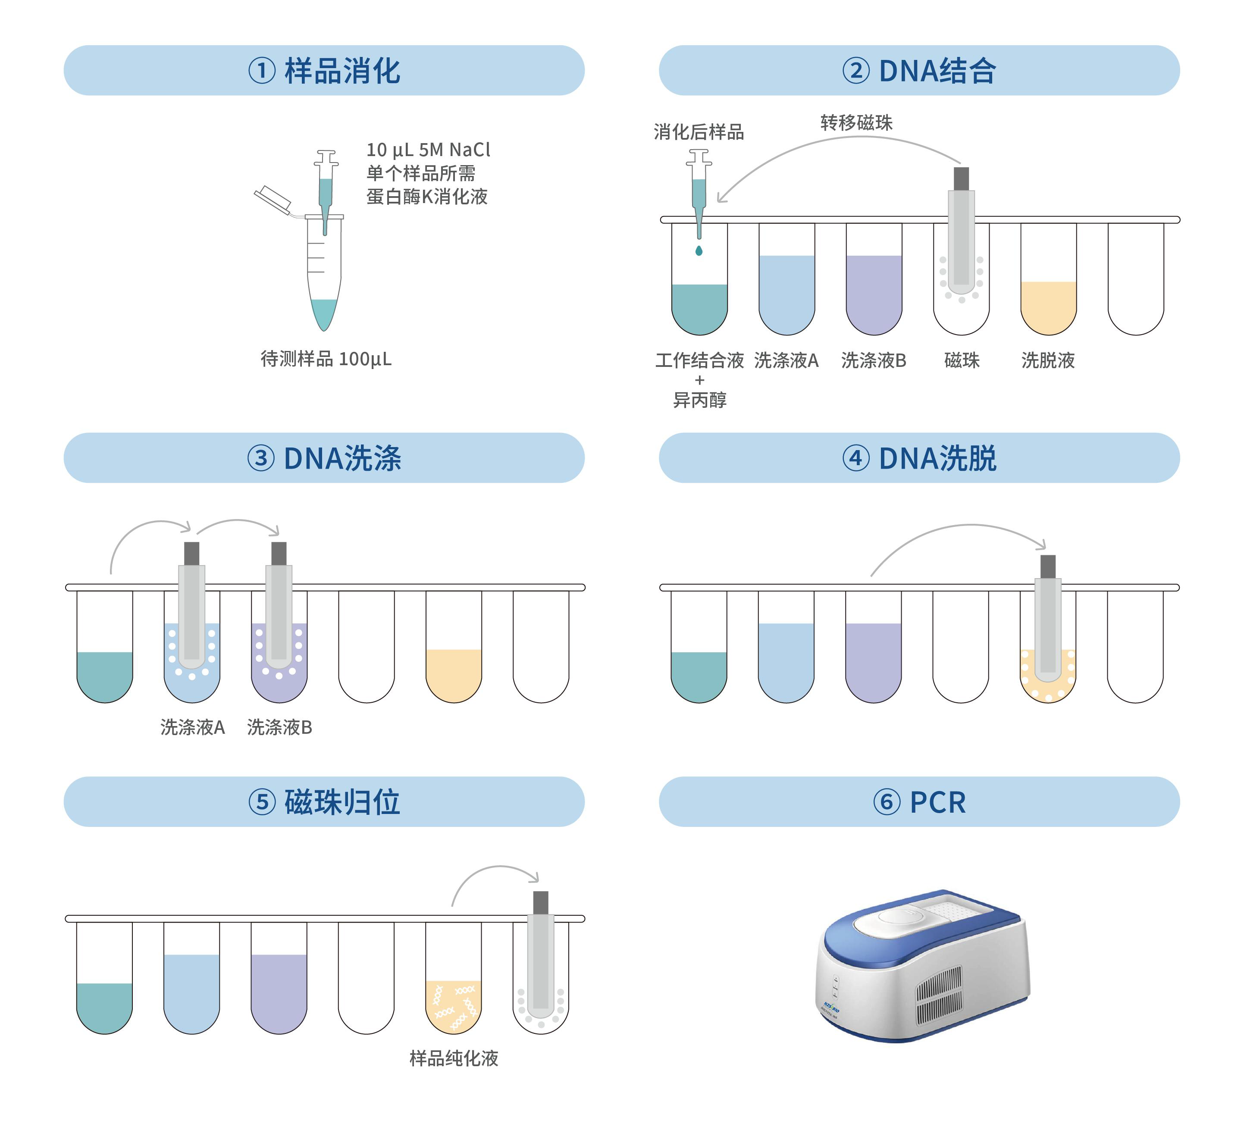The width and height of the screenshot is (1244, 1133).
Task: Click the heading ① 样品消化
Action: click(x=324, y=70)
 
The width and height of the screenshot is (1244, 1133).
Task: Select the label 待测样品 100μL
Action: click(x=326, y=359)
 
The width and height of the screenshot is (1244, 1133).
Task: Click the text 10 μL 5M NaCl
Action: click(x=428, y=150)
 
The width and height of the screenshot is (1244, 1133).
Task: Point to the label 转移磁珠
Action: click(x=856, y=123)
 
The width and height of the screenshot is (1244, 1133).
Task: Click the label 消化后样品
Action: click(x=699, y=131)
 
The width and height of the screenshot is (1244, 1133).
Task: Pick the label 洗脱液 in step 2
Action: click(x=1048, y=360)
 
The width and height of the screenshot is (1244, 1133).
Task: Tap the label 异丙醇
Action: click(x=700, y=400)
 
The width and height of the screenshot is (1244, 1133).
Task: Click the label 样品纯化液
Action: click(x=454, y=1058)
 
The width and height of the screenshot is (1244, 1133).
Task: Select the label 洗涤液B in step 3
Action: click(x=279, y=727)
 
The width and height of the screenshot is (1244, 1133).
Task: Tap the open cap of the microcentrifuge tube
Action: click(x=273, y=197)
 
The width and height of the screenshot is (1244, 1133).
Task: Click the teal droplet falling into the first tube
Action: click(x=699, y=250)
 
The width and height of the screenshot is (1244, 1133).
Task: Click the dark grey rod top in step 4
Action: click(x=1048, y=566)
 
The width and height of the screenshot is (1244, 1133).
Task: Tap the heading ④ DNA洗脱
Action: click(x=919, y=458)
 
